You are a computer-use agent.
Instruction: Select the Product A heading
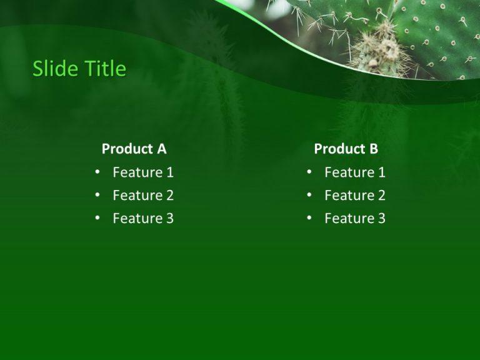pyautogui.click(x=134, y=149)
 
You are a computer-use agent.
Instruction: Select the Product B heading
pyautogui.click(x=346, y=149)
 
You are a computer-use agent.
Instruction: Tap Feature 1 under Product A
pyautogui.click(x=143, y=172)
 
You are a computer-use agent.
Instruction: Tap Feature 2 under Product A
pyautogui.click(x=143, y=196)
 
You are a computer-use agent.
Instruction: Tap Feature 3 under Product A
pyautogui.click(x=143, y=219)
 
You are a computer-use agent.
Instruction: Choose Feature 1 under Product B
pyautogui.click(x=355, y=172)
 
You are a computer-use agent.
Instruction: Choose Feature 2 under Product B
pyautogui.click(x=355, y=196)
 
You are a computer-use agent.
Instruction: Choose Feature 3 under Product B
pyautogui.click(x=355, y=219)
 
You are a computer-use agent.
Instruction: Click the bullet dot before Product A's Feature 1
pyautogui.click(x=97, y=172)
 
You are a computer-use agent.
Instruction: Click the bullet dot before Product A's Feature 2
pyautogui.click(x=97, y=195)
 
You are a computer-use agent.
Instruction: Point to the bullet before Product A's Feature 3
pyautogui.click(x=97, y=218)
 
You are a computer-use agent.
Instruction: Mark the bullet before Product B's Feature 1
pyautogui.click(x=309, y=172)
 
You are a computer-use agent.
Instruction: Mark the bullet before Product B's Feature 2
pyautogui.click(x=309, y=195)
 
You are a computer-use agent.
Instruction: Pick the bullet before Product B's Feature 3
pyautogui.click(x=309, y=218)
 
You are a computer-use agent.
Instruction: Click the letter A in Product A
pyautogui.click(x=161, y=149)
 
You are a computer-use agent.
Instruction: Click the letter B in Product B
pyautogui.click(x=374, y=149)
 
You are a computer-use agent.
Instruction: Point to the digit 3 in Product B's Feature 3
pyautogui.click(x=382, y=219)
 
